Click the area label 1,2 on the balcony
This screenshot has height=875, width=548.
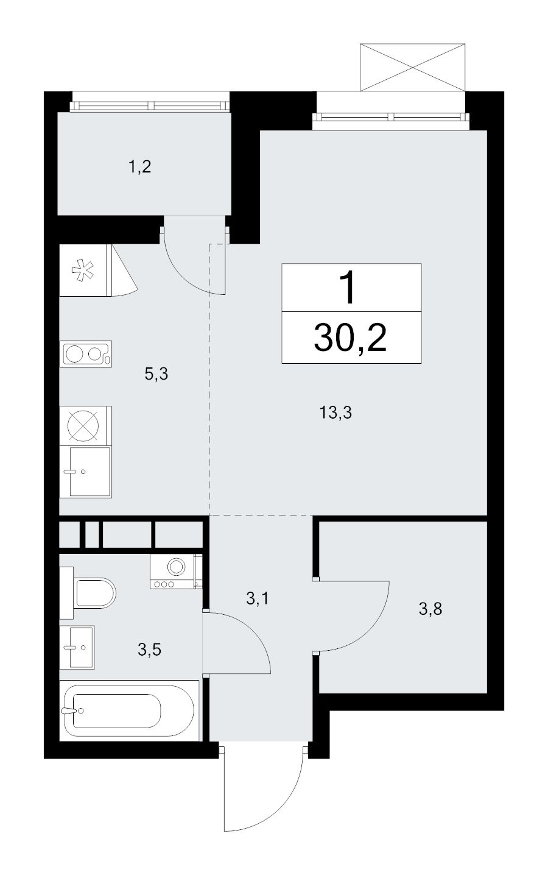coord(139,167)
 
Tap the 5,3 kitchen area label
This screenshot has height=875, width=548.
coord(156,374)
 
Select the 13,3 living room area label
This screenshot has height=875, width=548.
coord(335,413)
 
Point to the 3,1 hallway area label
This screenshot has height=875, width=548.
coord(258,598)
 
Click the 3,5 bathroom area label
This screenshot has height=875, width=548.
coord(150,650)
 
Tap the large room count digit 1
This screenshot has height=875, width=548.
coord(348,288)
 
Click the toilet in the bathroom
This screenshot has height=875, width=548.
coord(88,593)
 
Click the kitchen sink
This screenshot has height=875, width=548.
coord(85,472)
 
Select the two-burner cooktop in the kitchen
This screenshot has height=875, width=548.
coord(85,354)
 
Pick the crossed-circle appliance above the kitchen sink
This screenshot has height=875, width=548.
coord(83,426)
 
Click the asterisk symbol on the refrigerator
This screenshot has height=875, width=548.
coord(83,271)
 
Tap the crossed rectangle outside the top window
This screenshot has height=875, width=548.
coord(413,67)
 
